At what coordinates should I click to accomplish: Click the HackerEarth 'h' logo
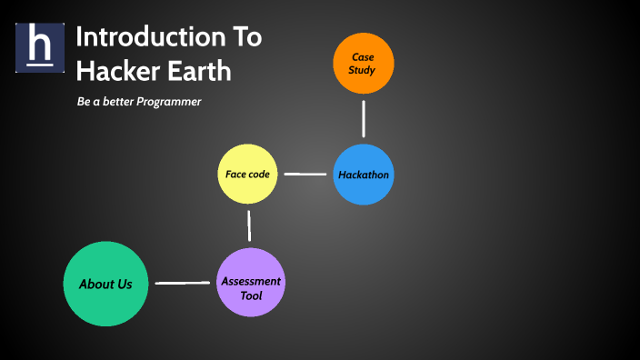coord(40,47)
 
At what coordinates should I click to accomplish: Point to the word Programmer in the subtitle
coord(168,102)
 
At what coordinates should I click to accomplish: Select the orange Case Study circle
coord(363,63)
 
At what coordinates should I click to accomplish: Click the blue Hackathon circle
coord(364,174)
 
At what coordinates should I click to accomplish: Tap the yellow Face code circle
coord(247,174)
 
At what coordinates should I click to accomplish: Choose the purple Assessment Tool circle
coord(251,283)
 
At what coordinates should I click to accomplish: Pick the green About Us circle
coord(105,284)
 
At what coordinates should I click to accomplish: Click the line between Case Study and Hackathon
coord(364,118)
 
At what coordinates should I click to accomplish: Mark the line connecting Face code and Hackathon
coord(305,174)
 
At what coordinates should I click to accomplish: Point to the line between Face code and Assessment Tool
coord(248,225)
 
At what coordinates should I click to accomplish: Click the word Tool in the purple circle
coord(251,295)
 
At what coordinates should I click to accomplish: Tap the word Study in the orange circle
coord(363,70)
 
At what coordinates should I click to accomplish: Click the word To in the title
coord(242,37)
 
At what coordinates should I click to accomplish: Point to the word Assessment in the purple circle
coord(251,281)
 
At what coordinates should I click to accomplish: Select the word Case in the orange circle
coord(363,56)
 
